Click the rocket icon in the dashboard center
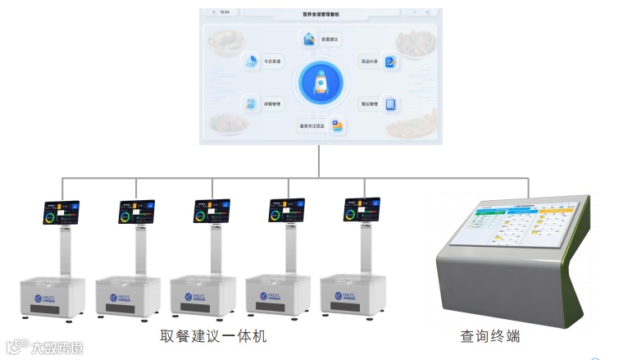coord(321,83)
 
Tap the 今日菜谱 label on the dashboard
coord(271,61)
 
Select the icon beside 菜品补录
coord(390,61)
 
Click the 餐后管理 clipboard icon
coord(390,104)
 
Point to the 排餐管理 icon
coord(249,104)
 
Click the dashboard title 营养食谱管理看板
coord(320,14)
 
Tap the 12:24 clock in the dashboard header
coord(225,13)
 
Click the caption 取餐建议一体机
coord(213,336)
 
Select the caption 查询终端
coord(490,336)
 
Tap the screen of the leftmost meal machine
coord(61,211)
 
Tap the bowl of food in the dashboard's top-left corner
coord(226,41)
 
